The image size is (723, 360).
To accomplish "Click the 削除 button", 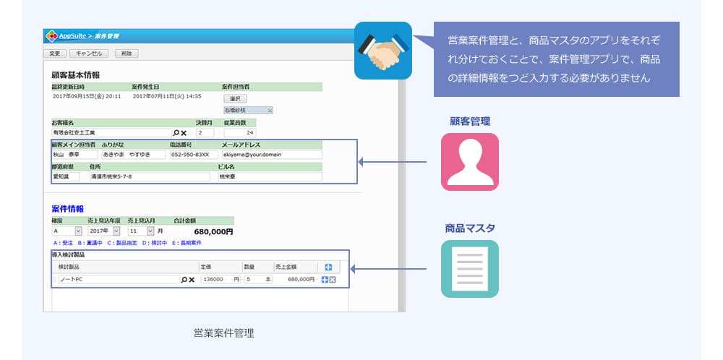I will tap(126, 53).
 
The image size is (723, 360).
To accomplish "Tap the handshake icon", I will tap(382, 51).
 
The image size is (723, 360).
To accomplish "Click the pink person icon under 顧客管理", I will tap(470, 161).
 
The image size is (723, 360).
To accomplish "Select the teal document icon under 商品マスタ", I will tap(470, 269).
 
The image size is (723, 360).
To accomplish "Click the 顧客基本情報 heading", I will tap(75, 74).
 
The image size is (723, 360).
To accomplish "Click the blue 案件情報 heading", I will tap(68, 209).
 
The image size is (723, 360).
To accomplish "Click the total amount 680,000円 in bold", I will tap(214, 231).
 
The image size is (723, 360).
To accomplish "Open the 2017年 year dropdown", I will tap(103, 231).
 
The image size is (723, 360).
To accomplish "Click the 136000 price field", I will tap(216, 279).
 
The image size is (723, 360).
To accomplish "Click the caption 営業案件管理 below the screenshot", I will tap(223, 333).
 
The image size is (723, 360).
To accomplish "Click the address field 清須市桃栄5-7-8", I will tap(149, 176).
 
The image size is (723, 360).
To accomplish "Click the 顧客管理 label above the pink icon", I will tap(470, 121).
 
